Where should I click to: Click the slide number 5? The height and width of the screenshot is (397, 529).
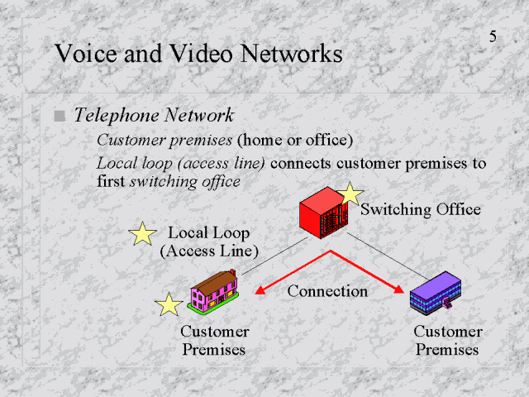point(493,37)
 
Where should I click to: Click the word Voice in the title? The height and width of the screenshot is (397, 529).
point(85,55)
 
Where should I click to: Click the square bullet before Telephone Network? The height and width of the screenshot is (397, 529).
point(59,117)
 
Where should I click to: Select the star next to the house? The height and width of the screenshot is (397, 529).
point(169,304)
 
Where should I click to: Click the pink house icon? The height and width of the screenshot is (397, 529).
point(214,291)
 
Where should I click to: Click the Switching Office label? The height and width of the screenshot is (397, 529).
point(421,209)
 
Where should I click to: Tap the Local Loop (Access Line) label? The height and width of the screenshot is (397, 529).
point(209,242)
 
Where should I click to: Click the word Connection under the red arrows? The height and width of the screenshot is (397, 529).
point(327,291)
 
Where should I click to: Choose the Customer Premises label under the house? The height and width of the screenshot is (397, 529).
point(214,340)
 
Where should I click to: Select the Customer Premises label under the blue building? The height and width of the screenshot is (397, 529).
point(447,340)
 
